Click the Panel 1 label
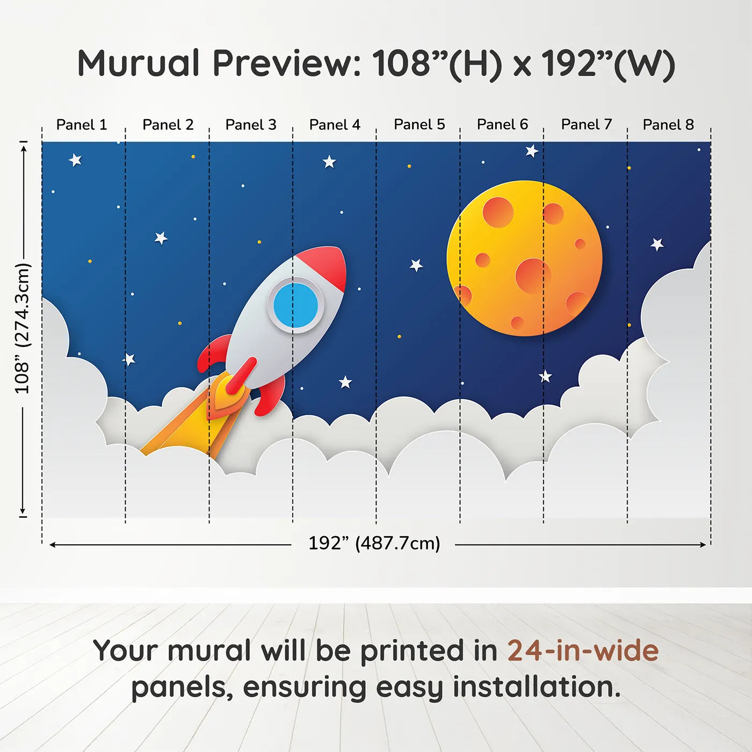click(82, 125)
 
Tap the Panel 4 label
click(335, 125)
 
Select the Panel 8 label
click(669, 125)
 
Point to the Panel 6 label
click(502, 125)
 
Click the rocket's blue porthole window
click(296, 305)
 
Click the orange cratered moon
click(524, 258)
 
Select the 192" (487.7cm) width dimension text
click(374, 543)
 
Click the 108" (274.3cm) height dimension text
click(22, 328)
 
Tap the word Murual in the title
click(139, 63)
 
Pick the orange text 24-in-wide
click(583, 650)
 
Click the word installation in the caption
click(536, 687)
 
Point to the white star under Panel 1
click(75, 160)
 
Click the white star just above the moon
click(532, 150)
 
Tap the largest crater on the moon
click(533, 276)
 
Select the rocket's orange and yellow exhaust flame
click(195, 417)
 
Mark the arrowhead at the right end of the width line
click(703, 545)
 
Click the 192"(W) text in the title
click(609, 64)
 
